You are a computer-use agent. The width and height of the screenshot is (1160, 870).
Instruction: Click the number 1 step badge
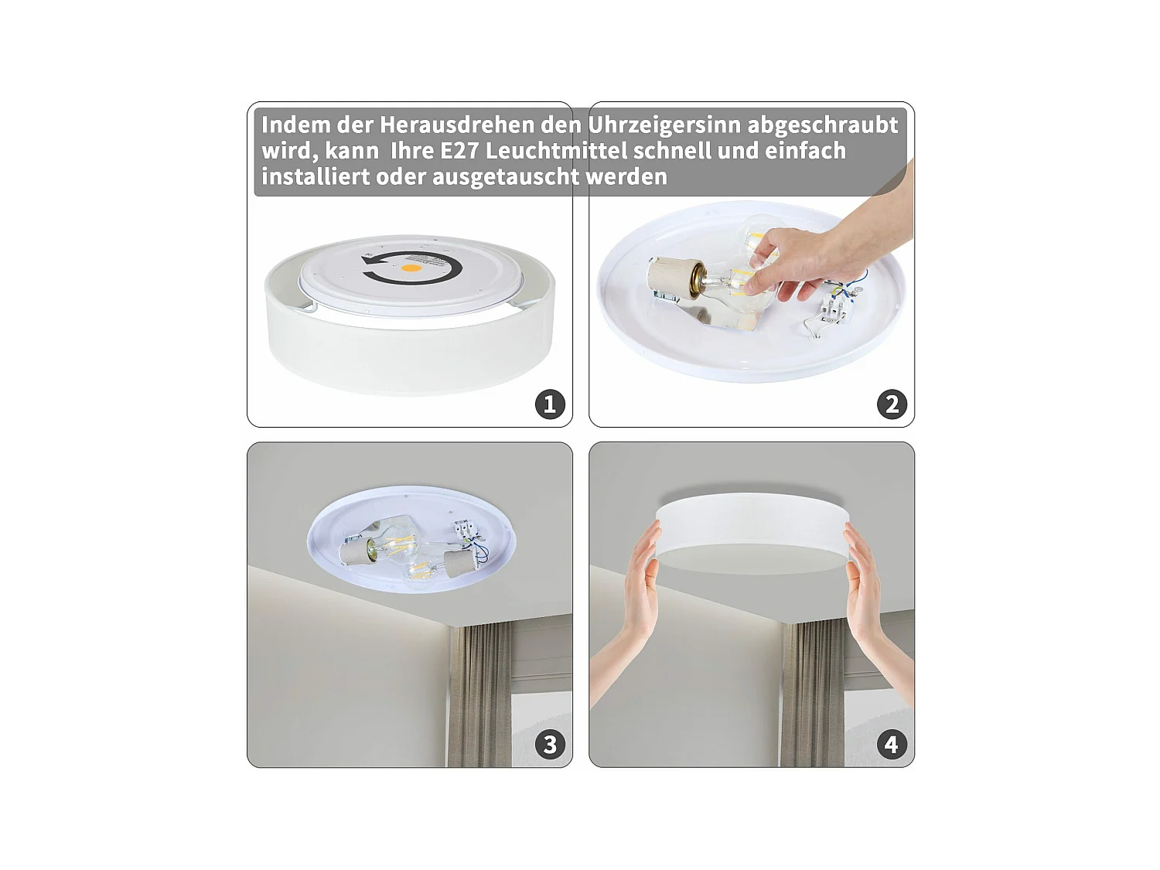tap(550, 404)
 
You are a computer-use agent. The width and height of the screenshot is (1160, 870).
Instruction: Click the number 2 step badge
tap(892, 404)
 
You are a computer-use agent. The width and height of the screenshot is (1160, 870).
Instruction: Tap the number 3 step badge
tap(550, 745)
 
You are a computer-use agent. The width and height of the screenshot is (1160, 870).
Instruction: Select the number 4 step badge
tap(892, 745)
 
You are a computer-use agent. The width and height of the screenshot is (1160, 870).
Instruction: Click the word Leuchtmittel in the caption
tap(557, 151)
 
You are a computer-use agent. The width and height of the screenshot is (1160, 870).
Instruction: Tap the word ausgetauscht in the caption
tap(506, 177)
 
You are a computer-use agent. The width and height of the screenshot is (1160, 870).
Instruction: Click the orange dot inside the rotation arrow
tap(411, 268)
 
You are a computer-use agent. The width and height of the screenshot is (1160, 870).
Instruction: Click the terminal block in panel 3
tap(464, 529)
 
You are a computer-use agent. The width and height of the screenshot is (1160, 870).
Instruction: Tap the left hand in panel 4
tap(629, 612)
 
